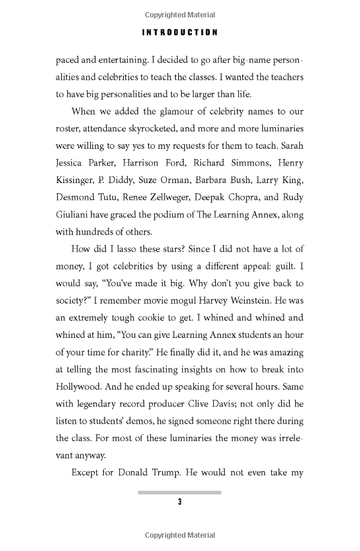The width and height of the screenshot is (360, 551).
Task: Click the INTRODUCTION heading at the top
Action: click(179, 32)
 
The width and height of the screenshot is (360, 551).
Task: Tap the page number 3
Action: click(179, 502)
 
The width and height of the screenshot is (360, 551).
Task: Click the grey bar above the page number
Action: click(179, 492)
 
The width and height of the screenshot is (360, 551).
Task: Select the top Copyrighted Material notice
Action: click(179, 15)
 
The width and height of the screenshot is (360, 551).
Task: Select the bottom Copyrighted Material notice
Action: click(179, 534)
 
